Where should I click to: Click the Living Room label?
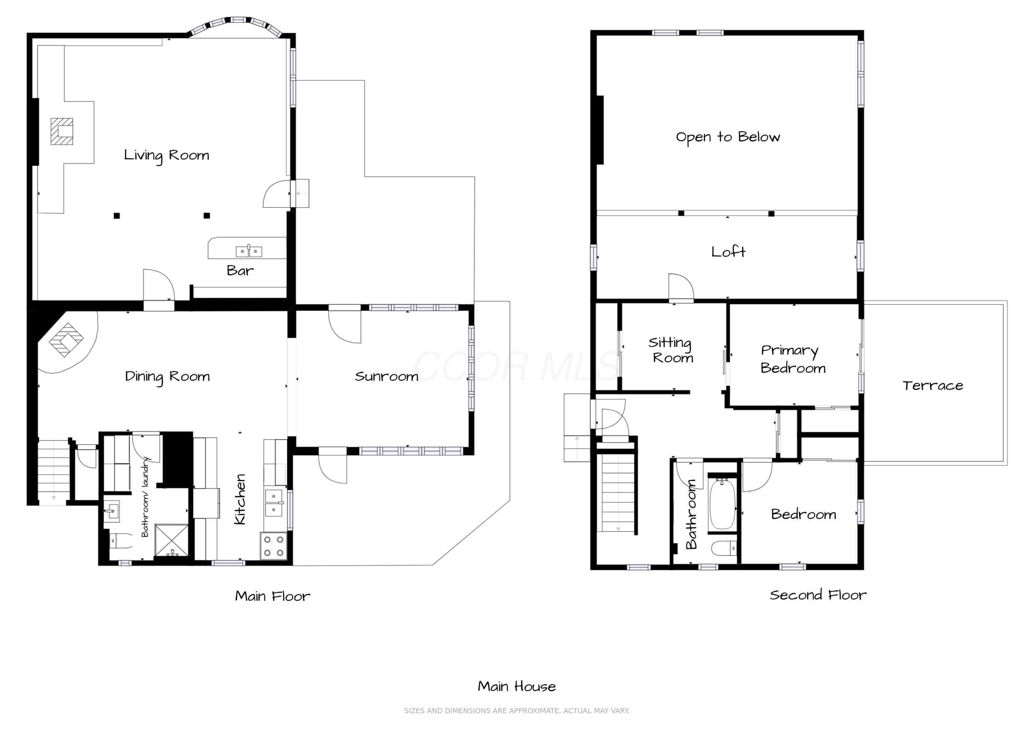click(166, 156)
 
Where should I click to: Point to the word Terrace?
click(933, 386)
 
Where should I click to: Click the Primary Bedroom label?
click(793, 359)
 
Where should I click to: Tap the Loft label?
click(728, 252)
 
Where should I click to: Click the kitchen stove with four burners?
click(274, 546)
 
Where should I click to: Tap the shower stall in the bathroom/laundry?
click(172, 540)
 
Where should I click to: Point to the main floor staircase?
click(53, 472)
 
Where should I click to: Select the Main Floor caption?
click(273, 596)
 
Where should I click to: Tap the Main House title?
click(517, 687)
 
